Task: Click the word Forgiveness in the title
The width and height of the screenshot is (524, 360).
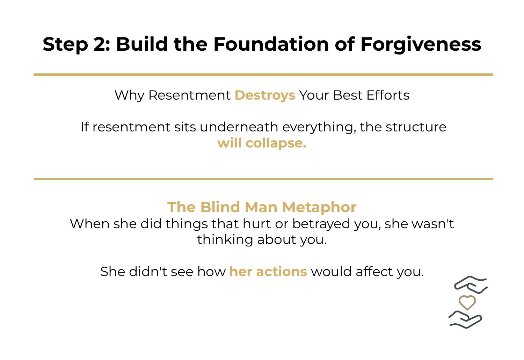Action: [421, 44]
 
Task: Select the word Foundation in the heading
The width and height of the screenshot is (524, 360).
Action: [271, 44]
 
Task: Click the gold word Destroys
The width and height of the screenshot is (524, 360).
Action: [265, 95]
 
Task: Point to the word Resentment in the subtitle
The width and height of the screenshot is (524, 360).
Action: [189, 95]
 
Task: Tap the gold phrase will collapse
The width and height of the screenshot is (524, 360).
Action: [262, 143]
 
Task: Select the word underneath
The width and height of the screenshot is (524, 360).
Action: [239, 127]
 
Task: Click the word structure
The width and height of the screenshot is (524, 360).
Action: [416, 127]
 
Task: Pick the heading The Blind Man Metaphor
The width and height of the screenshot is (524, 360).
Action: [262, 207]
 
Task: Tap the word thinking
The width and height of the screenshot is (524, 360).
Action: [225, 240]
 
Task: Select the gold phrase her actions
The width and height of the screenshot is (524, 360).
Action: [268, 272]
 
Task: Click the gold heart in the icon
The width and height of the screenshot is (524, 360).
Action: [467, 302]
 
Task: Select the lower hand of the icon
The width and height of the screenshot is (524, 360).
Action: [465, 319]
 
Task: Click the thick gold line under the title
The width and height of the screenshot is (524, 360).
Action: [263, 75]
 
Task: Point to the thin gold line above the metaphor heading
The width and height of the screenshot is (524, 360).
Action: [263, 179]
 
